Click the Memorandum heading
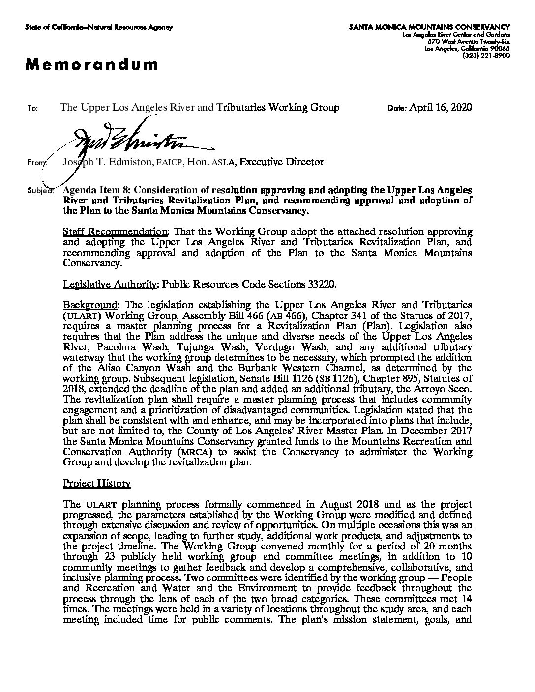(92, 64)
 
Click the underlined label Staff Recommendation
(117, 231)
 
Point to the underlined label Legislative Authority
(111, 284)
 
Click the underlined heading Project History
(97, 484)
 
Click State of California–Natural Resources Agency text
(99, 28)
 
